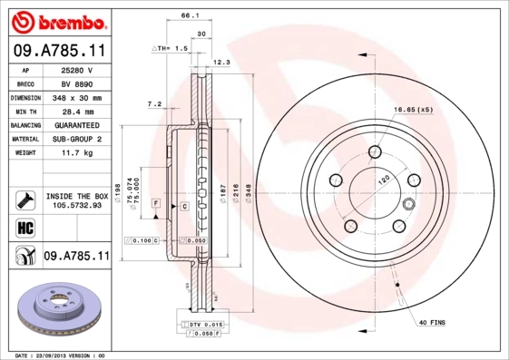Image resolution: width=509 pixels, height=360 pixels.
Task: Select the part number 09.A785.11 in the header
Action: tap(59, 53)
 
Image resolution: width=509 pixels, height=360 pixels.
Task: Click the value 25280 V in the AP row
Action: tap(76, 70)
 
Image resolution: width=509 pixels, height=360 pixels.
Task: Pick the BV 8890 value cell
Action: tap(76, 83)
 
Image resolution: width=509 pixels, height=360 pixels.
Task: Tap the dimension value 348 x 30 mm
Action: tap(76, 97)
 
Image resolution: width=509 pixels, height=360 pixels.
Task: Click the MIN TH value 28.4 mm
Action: tap(76, 111)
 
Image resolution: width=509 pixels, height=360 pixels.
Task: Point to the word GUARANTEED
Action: tap(76, 124)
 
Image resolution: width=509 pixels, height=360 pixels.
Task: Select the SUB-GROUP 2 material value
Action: tap(76, 139)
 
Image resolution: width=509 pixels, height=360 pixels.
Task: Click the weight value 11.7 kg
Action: tap(76, 152)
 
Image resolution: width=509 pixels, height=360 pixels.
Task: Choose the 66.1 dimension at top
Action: tap(190, 15)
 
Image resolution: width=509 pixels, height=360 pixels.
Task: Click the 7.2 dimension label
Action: tap(154, 104)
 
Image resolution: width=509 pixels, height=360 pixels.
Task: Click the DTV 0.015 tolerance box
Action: tap(205, 323)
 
